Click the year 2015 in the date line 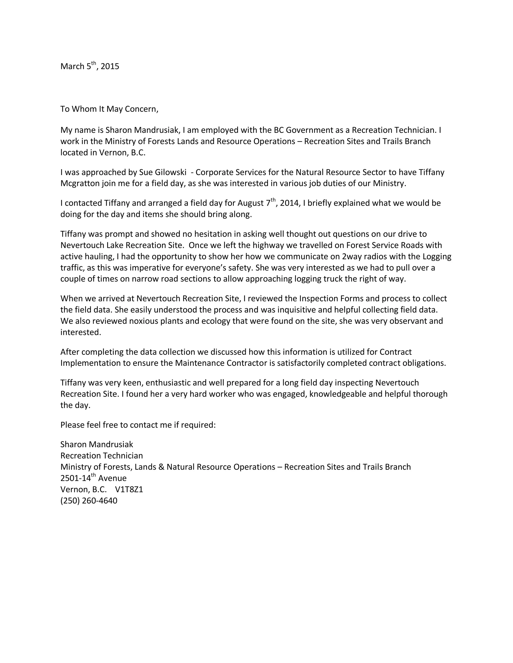click(110, 67)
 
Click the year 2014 click(290, 203)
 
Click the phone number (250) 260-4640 click(89, 501)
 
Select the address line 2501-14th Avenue click(93, 478)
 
